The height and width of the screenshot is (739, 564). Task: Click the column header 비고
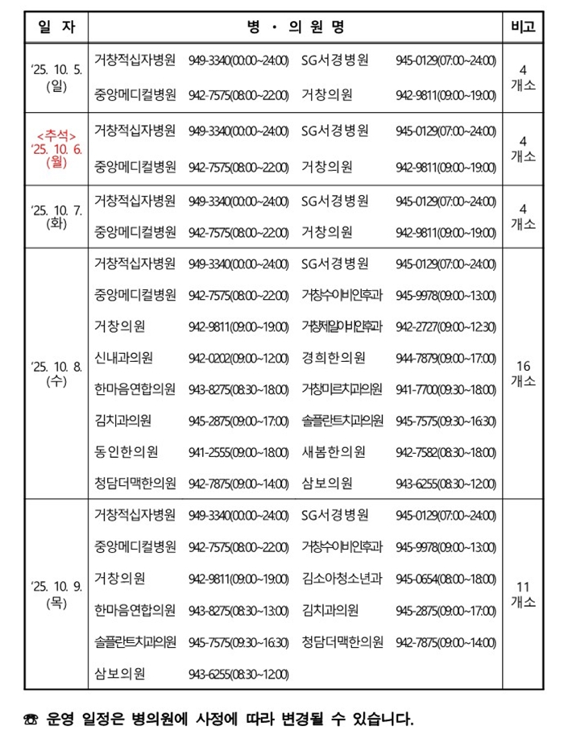(x=523, y=26)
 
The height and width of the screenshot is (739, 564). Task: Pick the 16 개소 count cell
(x=523, y=373)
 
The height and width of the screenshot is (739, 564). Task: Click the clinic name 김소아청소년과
(x=342, y=579)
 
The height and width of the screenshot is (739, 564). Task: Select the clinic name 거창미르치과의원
(x=342, y=389)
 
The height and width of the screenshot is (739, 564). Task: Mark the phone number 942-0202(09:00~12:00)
(x=238, y=358)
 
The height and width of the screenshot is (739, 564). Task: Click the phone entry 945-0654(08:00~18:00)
(x=446, y=579)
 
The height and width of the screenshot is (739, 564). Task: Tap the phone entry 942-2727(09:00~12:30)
(x=446, y=326)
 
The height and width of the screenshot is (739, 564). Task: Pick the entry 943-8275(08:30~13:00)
(x=238, y=610)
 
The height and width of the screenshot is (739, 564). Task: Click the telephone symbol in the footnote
(x=31, y=717)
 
